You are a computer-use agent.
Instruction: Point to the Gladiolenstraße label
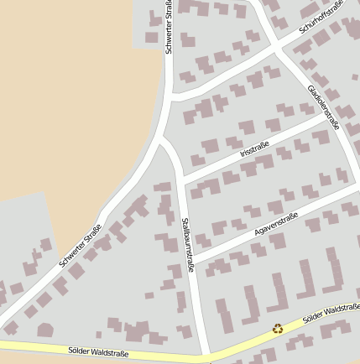point(323,107)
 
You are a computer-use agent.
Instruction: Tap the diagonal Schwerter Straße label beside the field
point(81,246)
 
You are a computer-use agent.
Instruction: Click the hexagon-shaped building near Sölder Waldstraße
point(45,330)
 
